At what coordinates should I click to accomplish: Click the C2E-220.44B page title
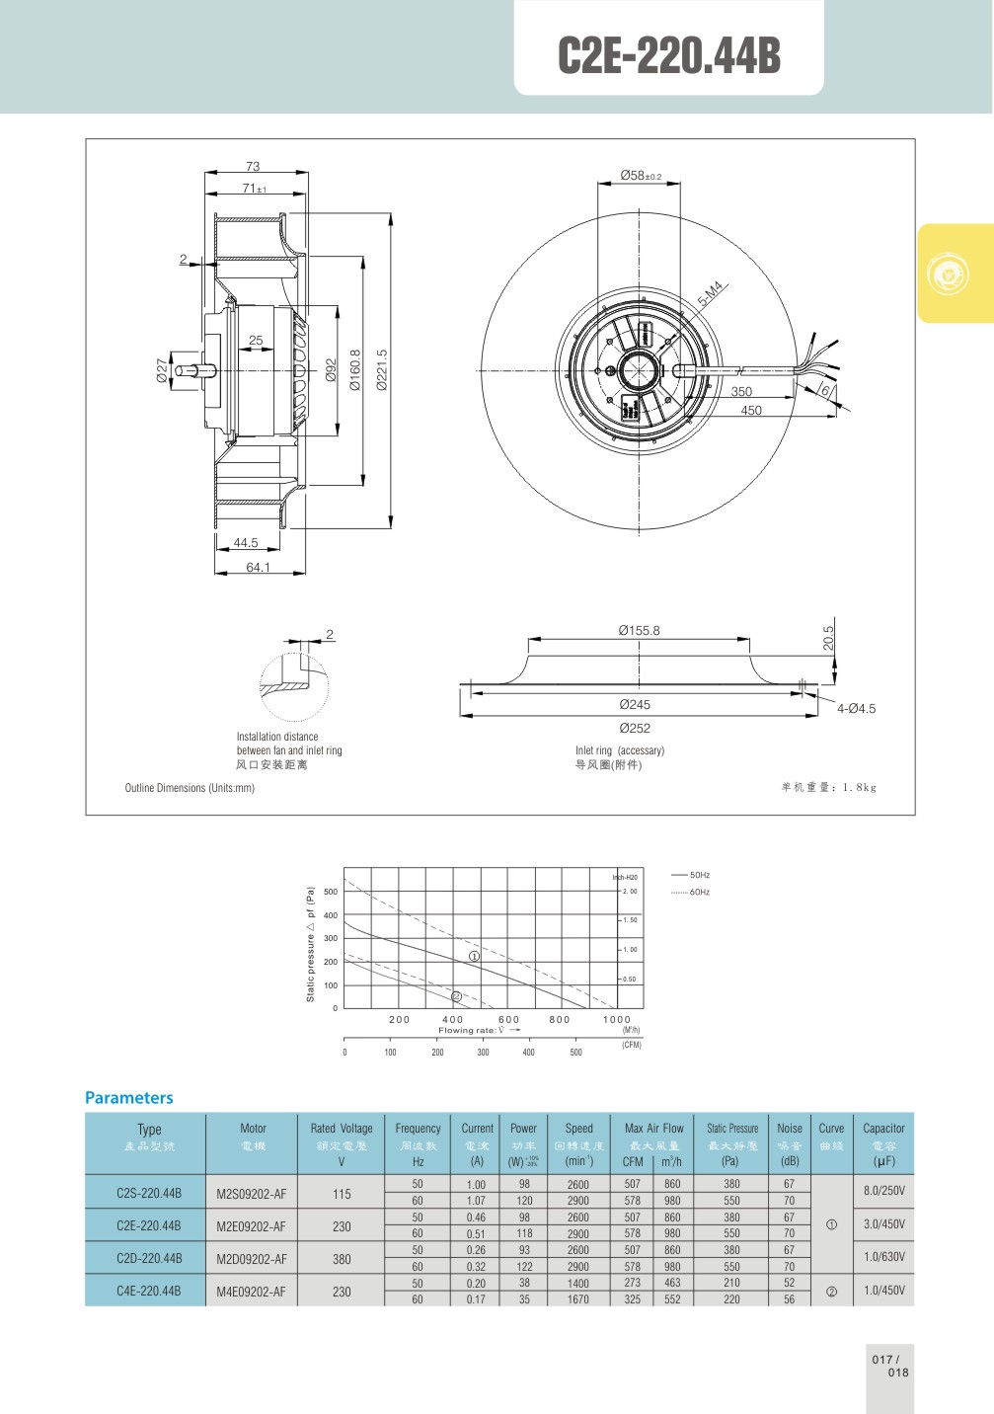pos(668,55)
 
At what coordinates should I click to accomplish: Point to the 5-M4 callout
pos(711,293)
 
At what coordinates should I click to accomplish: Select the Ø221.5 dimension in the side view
pos(382,370)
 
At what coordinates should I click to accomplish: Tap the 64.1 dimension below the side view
pos(258,568)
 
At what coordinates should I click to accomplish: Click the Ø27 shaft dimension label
pos(163,370)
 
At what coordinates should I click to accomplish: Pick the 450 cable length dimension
pos(751,411)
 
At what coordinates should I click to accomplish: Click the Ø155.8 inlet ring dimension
pos(639,631)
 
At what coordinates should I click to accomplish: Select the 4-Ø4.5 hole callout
pos(856,709)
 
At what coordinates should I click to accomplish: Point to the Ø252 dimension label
pos(635,729)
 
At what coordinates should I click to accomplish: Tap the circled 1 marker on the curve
pos(474,956)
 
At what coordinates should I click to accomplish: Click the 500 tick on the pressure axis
pos(330,892)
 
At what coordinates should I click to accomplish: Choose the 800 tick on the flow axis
pos(559,1020)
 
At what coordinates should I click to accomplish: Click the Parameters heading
pos(128,1098)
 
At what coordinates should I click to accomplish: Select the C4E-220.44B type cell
pos(148,1291)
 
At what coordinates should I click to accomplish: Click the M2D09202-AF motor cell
pos(252,1259)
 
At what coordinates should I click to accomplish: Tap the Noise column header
pos(790,1129)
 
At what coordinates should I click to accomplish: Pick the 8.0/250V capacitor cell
pos(883,1191)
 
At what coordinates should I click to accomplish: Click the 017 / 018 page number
pos(889,1366)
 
